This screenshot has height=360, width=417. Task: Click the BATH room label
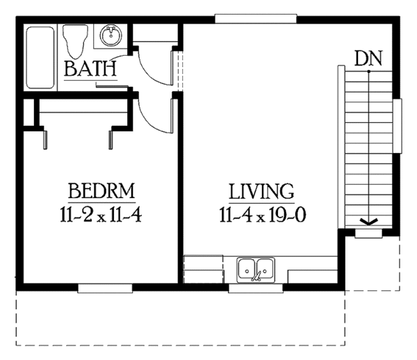tap(90, 69)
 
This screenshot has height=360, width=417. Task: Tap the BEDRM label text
tap(101, 190)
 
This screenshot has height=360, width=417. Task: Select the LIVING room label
tap(262, 191)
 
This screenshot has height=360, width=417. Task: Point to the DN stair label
tap(368, 58)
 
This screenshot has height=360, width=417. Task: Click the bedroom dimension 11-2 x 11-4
tap(101, 214)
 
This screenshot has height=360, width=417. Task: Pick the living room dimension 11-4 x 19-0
tap(263, 214)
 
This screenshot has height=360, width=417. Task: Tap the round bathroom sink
tap(111, 35)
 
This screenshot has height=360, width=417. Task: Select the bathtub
tap(40, 58)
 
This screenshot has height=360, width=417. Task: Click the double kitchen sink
tap(256, 270)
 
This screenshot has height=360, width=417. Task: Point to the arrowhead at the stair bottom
tap(368, 221)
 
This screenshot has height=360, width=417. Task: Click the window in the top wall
tap(256, 18)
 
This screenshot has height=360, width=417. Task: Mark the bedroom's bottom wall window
tap(105, 288)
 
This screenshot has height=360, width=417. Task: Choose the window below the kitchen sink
tap(256, 288)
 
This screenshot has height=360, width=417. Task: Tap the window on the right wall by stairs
tap(398, 126)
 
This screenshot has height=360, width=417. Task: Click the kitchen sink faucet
tap(256, 277)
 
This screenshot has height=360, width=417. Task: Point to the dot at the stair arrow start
tap(369, 72)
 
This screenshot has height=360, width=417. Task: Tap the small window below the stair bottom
tap(368, 234)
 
